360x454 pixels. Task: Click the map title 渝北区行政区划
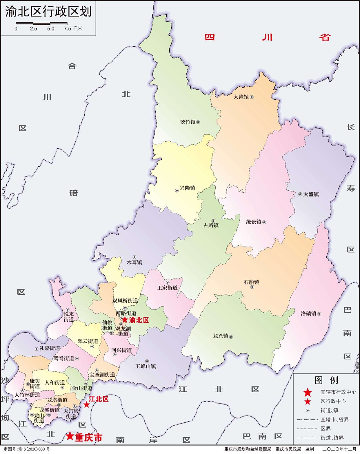tap(48, 11)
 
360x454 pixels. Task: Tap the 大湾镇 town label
tap(241, 97)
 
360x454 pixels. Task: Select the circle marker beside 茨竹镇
tap(198, 122)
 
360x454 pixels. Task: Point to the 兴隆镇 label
tap(188, 188)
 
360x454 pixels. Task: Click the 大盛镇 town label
tap(311, 194)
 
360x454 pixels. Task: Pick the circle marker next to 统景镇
tap(264, 222)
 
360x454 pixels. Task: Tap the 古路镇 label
tap(211, 225)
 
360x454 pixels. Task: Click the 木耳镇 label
tap(134, 262)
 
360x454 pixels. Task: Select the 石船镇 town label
tap(251, 282)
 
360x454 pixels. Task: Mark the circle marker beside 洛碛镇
tap(319, 314)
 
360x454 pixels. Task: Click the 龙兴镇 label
tap(221, 336)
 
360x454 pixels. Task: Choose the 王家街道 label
tap(167, 288)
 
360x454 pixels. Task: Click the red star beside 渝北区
tap(125, 320)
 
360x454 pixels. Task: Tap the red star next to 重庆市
tap(70, 436)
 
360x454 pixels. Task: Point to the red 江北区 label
tap(99, 399)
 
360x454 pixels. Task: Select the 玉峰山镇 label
tap(146, 366)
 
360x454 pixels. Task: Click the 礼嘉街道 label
tap(50, 348)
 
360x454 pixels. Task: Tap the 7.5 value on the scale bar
tap(68, 29)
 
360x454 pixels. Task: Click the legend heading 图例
tap(326, 380)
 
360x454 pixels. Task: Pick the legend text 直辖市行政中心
tap(338, 392)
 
